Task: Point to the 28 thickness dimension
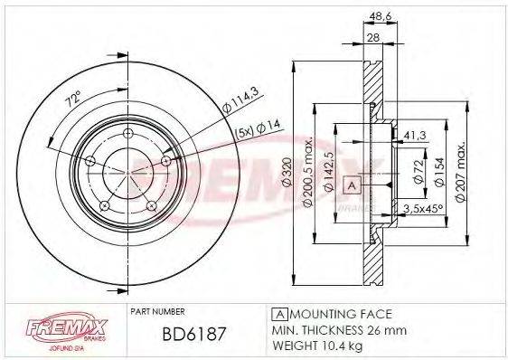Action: (x=372, y=38)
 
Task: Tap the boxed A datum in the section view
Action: (x=351, y=185)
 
